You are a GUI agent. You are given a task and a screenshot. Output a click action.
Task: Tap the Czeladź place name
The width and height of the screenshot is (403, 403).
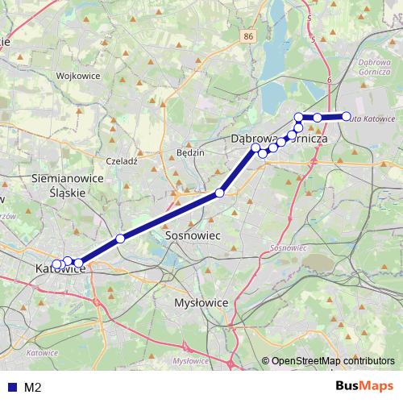123,161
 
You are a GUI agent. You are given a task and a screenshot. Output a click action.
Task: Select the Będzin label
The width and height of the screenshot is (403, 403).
190,152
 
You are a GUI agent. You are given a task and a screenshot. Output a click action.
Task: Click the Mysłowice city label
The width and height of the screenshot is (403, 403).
202,302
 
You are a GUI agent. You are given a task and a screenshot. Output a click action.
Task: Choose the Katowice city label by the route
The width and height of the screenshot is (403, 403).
60,269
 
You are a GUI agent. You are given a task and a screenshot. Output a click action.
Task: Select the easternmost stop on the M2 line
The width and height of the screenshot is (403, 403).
347,117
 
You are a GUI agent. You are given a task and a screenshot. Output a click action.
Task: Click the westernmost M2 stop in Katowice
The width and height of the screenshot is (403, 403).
56,265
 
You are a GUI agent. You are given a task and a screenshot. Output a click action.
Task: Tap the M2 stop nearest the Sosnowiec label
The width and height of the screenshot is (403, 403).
219,193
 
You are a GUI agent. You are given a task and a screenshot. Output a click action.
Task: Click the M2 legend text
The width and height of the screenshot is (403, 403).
32,387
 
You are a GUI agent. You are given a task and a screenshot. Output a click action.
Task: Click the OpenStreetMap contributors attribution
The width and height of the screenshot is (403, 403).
330,361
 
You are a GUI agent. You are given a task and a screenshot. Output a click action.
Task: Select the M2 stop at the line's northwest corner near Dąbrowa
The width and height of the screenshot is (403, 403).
299,117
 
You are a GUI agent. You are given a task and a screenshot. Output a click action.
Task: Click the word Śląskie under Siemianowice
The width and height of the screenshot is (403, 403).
66,193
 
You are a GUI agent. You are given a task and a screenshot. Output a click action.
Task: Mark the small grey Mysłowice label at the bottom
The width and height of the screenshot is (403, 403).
192,360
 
